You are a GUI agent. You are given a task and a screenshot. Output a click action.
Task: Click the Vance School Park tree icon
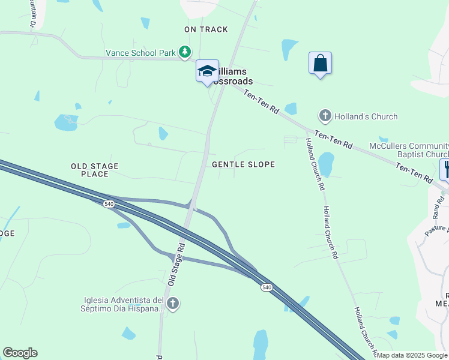pos(185,53)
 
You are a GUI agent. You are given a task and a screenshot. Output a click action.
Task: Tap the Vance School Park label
pos(140,53)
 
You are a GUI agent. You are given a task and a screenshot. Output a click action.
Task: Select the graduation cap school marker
pos(207,71)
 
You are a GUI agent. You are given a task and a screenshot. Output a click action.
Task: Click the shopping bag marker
pos(320,63)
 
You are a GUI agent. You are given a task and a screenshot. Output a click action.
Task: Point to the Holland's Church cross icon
pos(325,116)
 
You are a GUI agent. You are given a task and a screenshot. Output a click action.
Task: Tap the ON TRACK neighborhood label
pos(206,29)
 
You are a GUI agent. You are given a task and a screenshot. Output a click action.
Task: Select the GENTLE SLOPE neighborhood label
pos(243,164)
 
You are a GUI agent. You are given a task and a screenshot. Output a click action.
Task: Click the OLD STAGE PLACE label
pos(95,170)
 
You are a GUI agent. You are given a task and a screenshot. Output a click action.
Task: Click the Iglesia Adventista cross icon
pos(173,304)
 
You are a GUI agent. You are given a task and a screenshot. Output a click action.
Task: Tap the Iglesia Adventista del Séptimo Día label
pos(124,304)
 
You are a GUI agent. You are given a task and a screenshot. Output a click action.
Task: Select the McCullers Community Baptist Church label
pos(418,150)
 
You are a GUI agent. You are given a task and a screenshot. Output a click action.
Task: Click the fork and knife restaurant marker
pos(445,169)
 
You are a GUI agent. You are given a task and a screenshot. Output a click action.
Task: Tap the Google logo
pos(20,353)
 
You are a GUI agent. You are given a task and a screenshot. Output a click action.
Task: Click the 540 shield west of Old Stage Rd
pos(109,204)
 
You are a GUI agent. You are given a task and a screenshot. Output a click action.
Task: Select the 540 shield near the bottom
pos(266,288)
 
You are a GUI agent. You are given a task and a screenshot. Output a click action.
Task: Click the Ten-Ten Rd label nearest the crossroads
pos(262,101)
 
